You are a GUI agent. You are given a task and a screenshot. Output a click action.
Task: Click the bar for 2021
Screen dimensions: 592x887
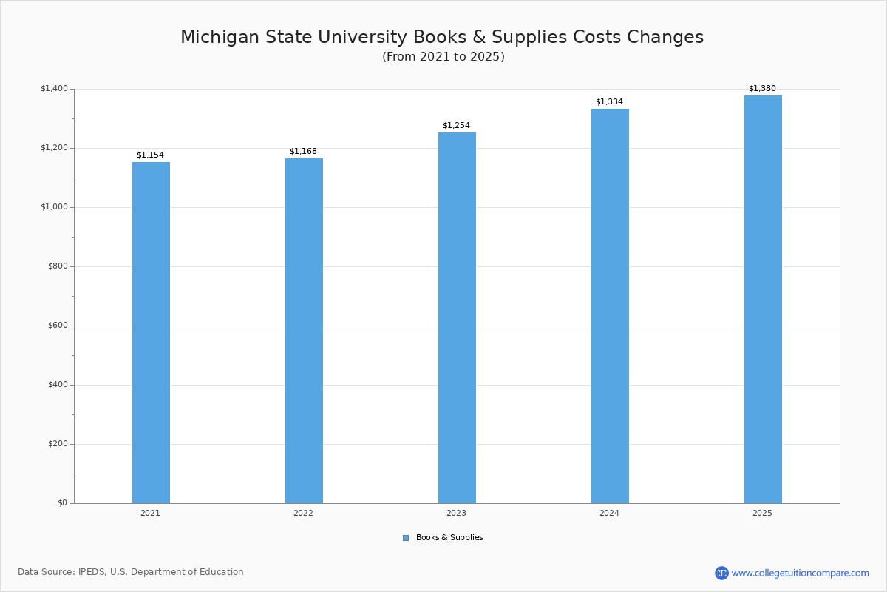151,333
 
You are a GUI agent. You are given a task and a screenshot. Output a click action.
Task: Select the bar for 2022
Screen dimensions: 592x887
304,331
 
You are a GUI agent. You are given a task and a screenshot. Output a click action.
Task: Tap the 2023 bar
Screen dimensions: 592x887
457,318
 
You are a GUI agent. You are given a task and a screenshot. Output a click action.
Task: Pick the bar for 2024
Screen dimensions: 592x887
610,306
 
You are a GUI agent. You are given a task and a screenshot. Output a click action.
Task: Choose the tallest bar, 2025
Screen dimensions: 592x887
763,300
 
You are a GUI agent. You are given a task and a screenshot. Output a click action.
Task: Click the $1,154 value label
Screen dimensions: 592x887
150,155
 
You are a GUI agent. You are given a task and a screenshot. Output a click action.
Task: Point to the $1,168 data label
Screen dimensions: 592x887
303,152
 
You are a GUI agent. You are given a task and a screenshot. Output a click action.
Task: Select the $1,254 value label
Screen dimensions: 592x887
456,126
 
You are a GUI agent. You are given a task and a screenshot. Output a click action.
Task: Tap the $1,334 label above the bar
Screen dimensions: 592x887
609,102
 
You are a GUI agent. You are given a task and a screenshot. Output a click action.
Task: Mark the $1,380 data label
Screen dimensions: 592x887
762,89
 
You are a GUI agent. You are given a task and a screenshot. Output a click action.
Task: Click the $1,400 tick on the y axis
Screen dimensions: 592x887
54,89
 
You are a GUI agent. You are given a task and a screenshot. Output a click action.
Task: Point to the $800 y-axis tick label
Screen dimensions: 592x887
57,266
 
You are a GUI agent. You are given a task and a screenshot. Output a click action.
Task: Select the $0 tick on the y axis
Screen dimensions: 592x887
62,503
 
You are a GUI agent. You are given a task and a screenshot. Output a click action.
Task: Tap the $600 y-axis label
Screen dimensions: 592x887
57,326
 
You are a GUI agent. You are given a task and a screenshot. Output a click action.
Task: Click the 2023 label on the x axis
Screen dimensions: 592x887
456,514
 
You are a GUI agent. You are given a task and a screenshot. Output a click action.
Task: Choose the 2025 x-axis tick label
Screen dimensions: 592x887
762,514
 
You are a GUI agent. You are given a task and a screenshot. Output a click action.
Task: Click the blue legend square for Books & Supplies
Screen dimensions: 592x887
406,538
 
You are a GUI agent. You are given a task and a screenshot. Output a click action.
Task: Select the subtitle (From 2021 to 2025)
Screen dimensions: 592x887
443,57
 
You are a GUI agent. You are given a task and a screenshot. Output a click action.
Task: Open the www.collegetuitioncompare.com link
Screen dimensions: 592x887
800,573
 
